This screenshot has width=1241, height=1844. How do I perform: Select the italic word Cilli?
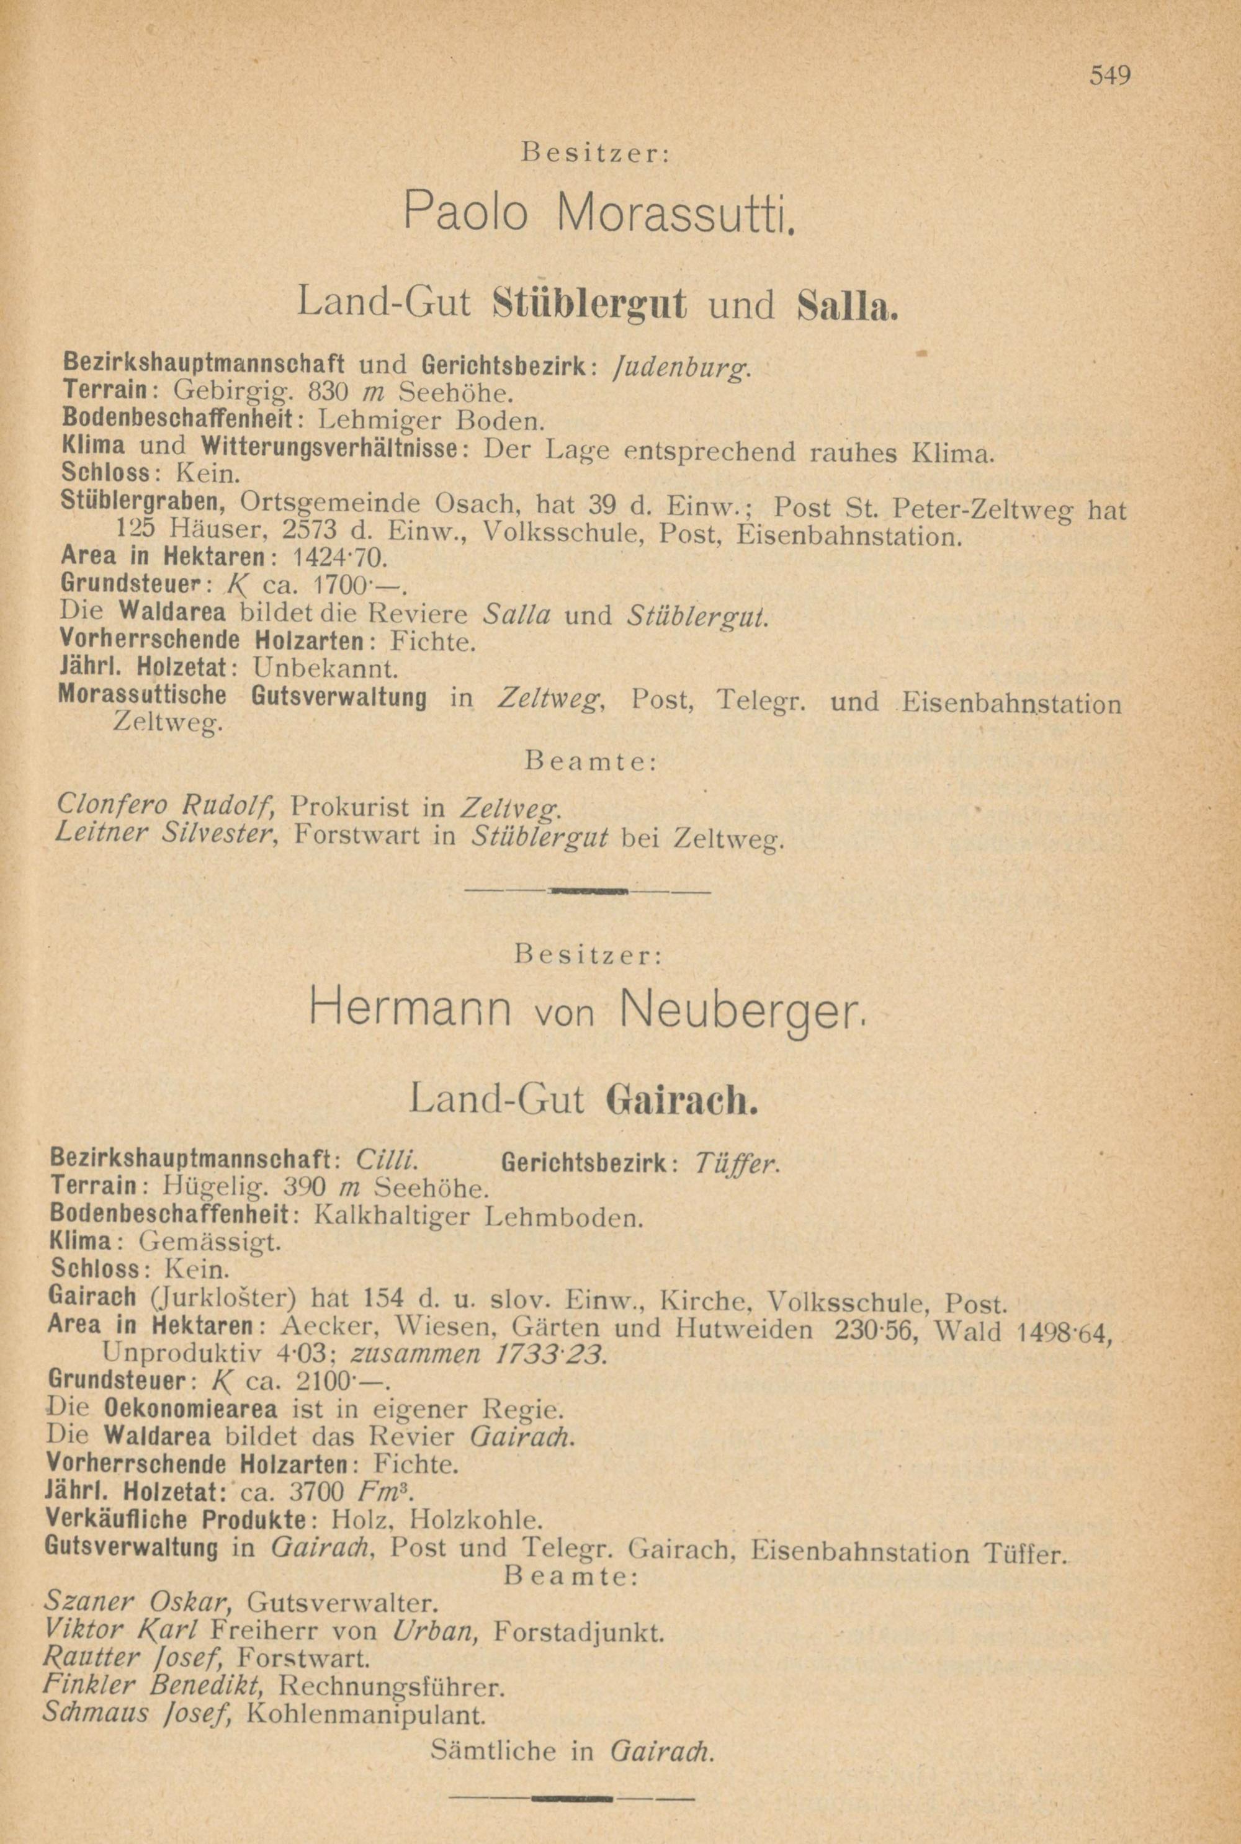387,1161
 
